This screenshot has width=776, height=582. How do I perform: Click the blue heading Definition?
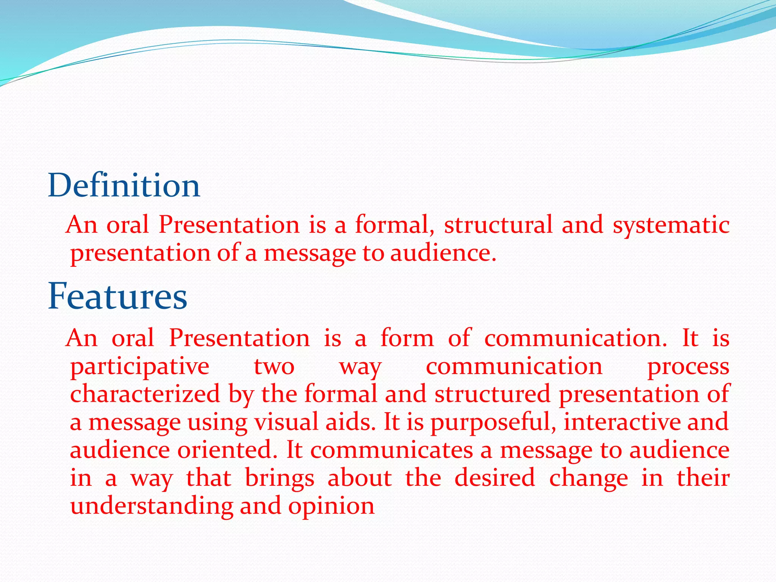[124, 186]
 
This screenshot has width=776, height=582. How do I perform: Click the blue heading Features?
[117, 296]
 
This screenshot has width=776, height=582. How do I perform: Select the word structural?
[498, 225]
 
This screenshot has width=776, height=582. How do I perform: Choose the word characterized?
[145, 394]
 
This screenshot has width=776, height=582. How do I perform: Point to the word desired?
[494, 478]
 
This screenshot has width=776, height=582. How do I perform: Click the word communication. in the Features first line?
[576, 338]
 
